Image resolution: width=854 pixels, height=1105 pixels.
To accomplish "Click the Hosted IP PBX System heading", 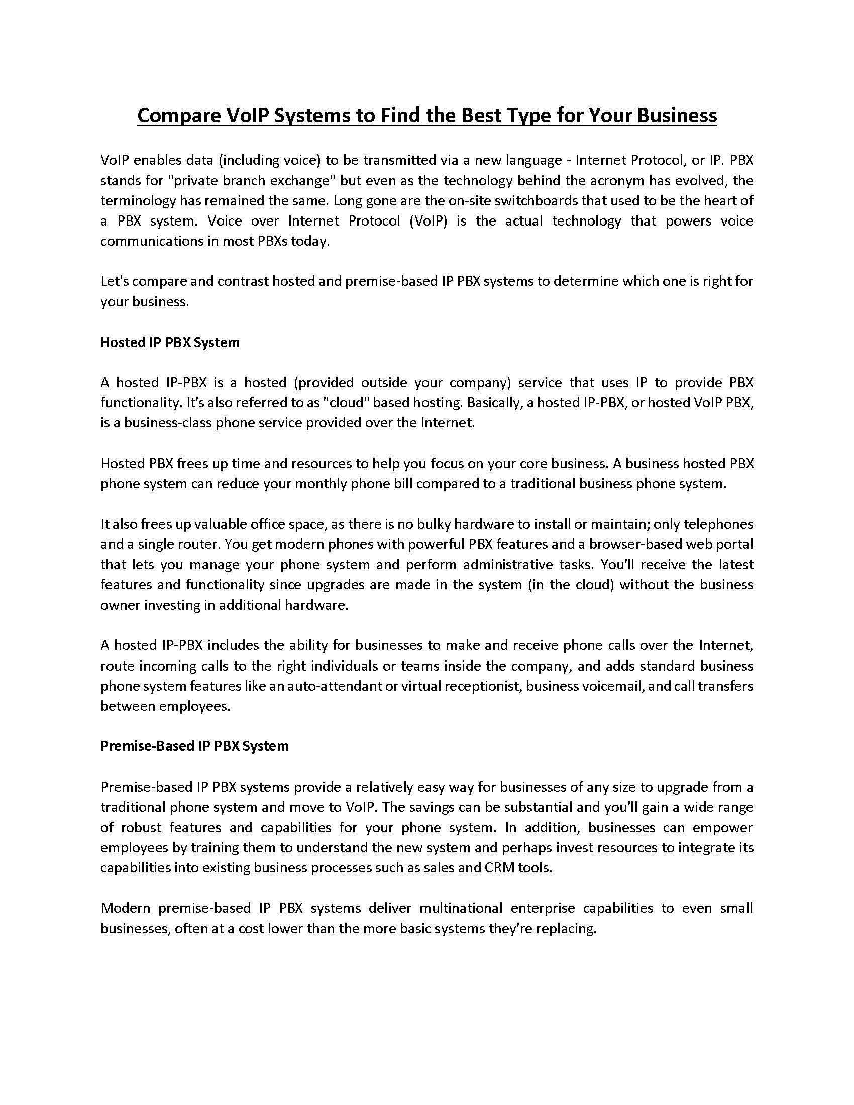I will [170, 343].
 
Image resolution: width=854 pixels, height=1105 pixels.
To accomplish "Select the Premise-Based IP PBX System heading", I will [194, 746].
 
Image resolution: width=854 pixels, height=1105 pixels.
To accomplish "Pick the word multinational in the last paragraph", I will [461, 908].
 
